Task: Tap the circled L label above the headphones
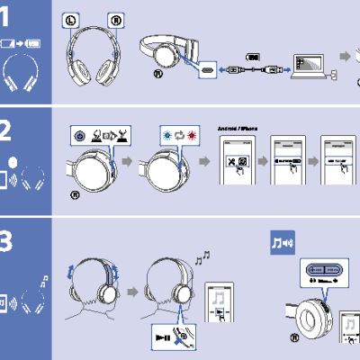(71, 19)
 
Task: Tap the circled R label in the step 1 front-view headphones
(114, 19)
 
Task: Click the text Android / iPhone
(238, 128)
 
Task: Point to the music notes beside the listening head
(202, 258)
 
